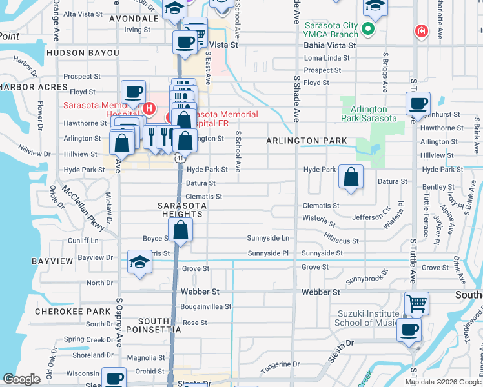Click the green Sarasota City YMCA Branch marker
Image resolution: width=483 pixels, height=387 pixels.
[368, 29]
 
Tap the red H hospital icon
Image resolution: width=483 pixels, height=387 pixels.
[149, 108]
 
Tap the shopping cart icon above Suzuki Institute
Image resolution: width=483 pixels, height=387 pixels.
[416, 302]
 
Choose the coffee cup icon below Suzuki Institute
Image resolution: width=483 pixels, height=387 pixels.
[408, 330]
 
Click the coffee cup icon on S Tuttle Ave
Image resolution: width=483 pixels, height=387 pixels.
[417, 103]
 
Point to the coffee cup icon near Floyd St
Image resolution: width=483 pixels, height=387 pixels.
[133, 92]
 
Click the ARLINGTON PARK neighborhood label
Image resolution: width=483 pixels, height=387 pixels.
[307, 141]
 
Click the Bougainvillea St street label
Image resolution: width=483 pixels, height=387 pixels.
[206, 306]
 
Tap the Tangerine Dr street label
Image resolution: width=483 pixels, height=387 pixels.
[281, 368]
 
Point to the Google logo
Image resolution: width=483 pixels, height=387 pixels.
[21, 379]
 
